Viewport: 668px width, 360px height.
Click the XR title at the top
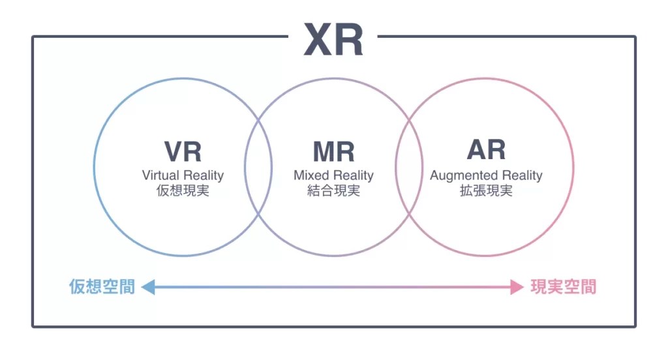pos(333,40)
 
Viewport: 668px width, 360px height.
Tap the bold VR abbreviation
pos(183,151)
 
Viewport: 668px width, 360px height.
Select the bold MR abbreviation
pos(333,151)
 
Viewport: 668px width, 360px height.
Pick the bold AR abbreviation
pos(486,150)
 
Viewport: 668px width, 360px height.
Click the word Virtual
pos(159,175)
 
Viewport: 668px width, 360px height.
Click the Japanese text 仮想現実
pos(183,192)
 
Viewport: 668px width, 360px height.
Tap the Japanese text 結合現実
pos(333,192)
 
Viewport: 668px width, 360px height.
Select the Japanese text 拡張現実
pos(486,192)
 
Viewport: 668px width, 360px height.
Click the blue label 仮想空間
pos(102,287)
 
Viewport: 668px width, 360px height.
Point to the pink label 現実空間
pos(564,287)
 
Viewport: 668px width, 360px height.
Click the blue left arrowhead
pos(147,287)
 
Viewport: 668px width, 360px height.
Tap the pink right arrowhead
pos(517,287)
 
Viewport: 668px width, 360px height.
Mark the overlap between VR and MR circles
pos(258,167)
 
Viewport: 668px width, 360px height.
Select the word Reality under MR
pos(353,175)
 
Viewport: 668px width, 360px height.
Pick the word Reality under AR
pos(519,175)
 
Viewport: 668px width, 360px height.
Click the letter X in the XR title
pos(318,40)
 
